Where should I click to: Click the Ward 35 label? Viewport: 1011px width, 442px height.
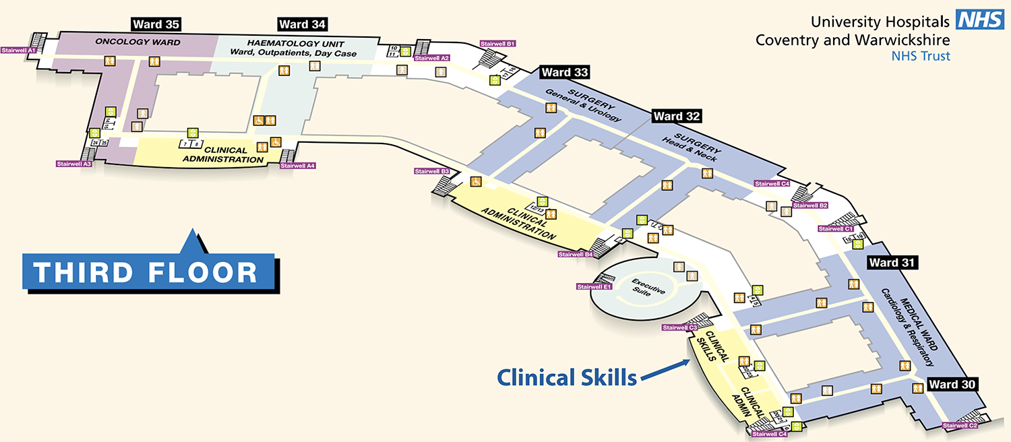point(156,25)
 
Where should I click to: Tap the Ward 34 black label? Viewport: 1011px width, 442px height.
point(303,25)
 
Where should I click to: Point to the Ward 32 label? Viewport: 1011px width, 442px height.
point(677,116)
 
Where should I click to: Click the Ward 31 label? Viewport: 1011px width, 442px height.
point(892,262)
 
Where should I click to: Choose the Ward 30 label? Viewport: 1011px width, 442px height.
point(952,384)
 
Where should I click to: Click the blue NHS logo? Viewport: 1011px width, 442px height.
point(981,20)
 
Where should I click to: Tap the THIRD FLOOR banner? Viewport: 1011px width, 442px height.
point(147,272)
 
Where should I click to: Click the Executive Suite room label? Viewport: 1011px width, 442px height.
point(648,286)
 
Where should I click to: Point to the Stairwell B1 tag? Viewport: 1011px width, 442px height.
point(498,44)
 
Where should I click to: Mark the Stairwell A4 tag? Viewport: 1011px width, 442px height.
point(298,165)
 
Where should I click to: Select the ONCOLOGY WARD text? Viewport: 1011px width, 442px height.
point(137,42)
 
